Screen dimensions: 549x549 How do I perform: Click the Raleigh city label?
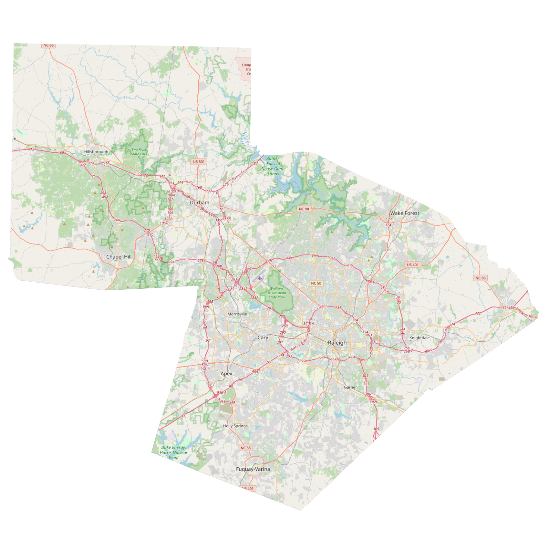tap(337, 343)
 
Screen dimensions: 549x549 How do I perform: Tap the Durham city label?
tap(199, 202)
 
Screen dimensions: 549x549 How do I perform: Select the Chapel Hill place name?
tap(119, 257)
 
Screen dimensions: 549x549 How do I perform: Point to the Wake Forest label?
tap(404, 213)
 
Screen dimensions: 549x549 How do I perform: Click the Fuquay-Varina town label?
tap(253, 469)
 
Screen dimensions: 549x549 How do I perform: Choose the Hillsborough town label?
tap(96, 152)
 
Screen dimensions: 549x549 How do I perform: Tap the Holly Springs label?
tap(235, 426)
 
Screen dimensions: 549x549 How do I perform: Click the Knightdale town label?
tap(420, 338)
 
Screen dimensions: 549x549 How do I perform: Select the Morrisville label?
tap(237, 314)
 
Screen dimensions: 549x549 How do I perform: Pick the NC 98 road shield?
tap(304, 209)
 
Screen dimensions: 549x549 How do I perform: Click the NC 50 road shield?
tap(316, 283)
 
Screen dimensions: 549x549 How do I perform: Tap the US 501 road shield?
tap(199, 161)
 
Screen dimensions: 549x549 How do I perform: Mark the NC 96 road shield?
tap(480, 278)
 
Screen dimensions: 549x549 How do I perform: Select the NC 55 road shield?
tap(245, 448)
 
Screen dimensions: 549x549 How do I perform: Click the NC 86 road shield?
tap(48, 46)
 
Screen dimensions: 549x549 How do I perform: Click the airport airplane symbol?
tap(260, 278)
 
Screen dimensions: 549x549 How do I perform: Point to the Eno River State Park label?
tap(139, 152)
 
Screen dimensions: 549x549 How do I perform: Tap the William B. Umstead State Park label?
tap(277, 293)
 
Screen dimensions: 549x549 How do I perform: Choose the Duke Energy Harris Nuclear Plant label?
tap(173, 452)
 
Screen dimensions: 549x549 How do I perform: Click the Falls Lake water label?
tap(279, 190)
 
